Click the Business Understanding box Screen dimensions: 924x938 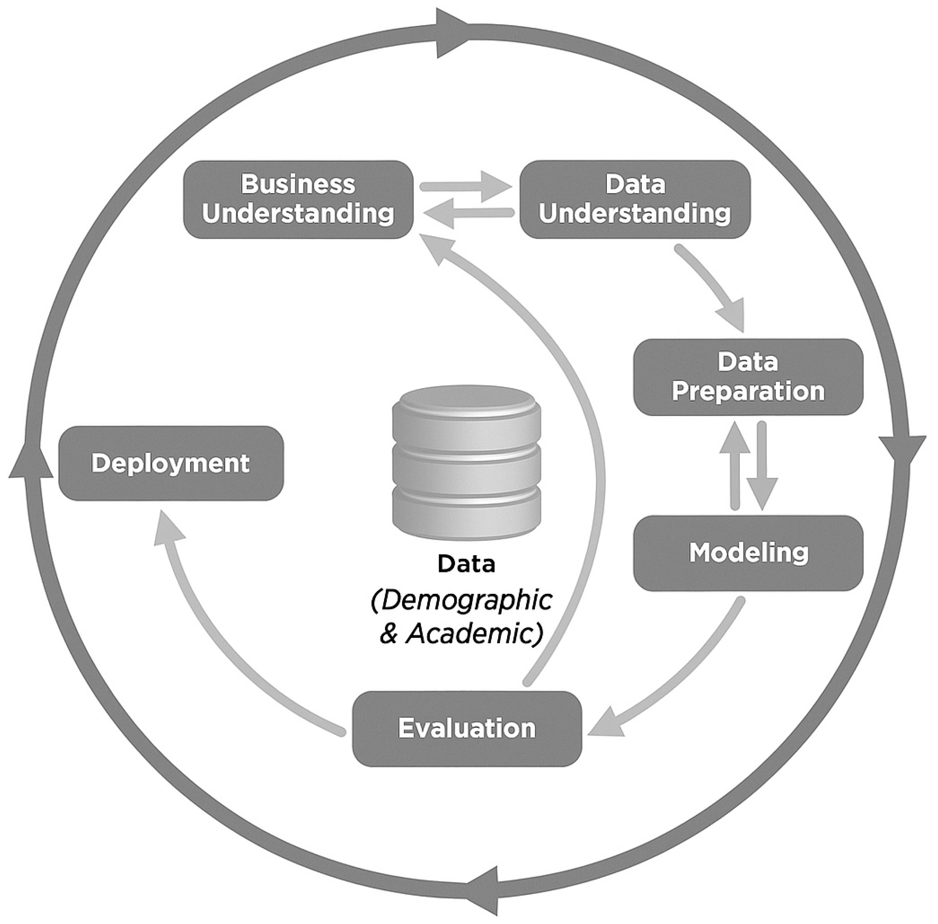click(298, 200)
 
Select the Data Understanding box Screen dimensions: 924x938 click(635, 200)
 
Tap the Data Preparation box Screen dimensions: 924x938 click(748, 377)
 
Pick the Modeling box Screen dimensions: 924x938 click(748, 553)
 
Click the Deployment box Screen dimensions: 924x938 click(171, 463)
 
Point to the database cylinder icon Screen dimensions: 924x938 click(466, 463)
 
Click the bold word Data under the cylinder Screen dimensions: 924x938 click(466, 564)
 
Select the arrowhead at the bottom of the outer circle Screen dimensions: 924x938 click(485, 890)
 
